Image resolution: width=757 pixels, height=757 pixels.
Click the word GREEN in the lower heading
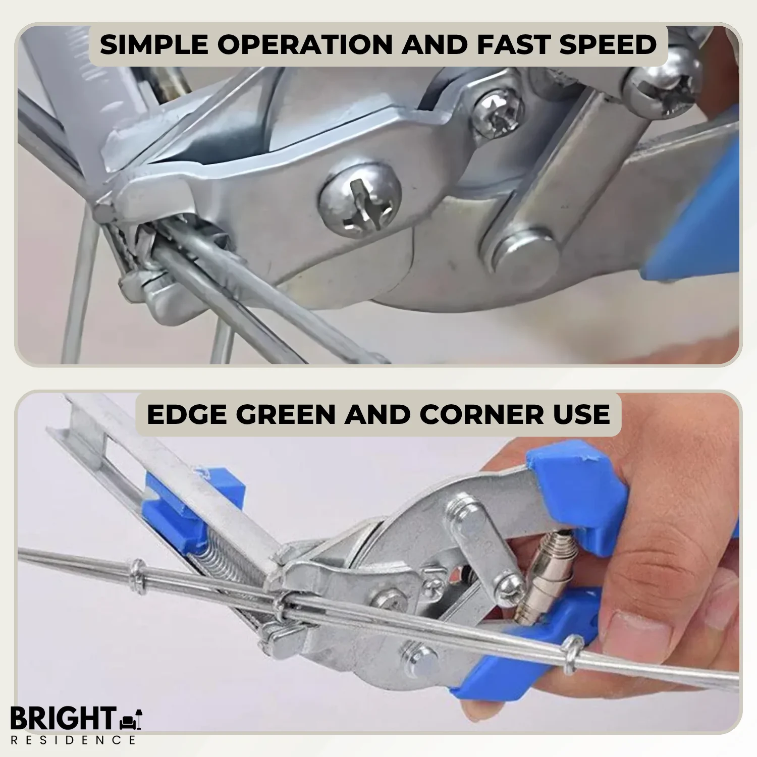point(286,414)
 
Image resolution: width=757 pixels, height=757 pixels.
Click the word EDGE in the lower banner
point(187,414)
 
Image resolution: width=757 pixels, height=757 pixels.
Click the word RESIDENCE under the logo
point(73,740)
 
